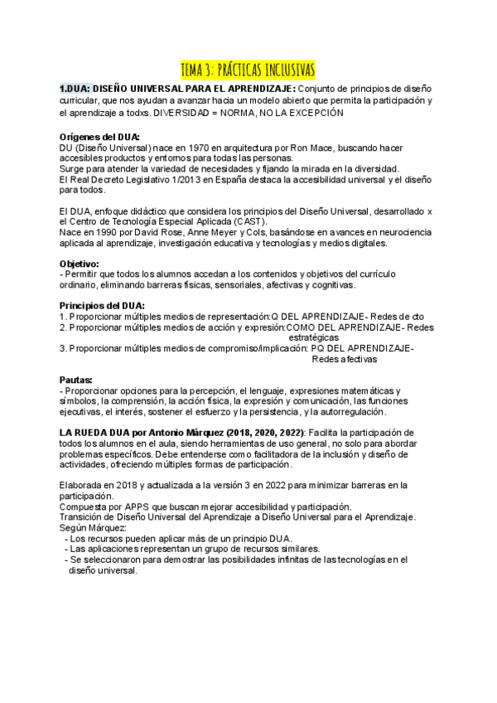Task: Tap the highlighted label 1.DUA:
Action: click(x=75, y=89)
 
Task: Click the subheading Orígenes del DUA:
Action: click(x=100, y=137)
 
